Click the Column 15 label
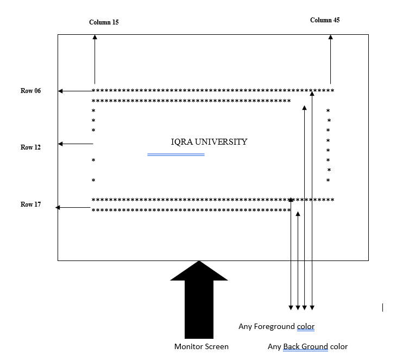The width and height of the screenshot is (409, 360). coord(104,22)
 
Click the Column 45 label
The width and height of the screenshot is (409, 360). coord(325,20)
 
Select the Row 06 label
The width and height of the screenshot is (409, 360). coord(31,91)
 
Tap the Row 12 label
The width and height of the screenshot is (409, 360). coord(31,147)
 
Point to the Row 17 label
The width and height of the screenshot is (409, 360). coord(31,204)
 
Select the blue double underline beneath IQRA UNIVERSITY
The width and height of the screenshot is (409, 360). coord(176,155)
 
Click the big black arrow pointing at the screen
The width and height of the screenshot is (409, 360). coord(199,299)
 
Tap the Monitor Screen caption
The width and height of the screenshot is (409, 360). coord(202,346)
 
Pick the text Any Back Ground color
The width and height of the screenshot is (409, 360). coord(307,346)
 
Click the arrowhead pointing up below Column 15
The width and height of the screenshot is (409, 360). coord(95,37)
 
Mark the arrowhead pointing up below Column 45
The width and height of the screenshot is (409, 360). coord(331,37)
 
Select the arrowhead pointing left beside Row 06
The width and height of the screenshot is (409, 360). coord(60,91)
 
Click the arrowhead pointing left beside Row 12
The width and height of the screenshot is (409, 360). coord(60,144)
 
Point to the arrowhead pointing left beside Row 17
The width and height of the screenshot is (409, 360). coord(58,207)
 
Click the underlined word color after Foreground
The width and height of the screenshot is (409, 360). coord(306,326)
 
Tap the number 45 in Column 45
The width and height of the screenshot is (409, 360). coord(336,20)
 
